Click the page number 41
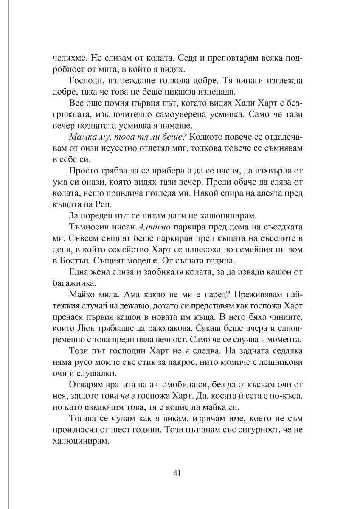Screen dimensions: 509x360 point(178,473)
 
